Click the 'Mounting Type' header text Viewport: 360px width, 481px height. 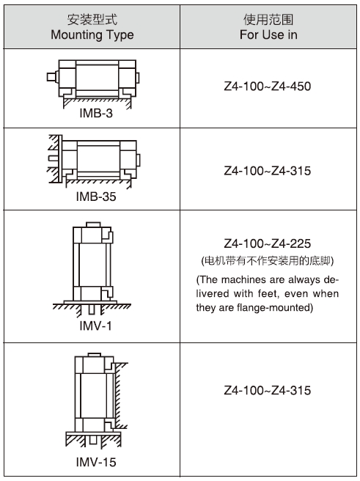[x=92, y=35]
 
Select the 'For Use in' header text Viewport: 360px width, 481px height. [x=268, y=34]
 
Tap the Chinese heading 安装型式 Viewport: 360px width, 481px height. [x=92, y=20]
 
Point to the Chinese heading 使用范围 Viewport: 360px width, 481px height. [x=268, y=20]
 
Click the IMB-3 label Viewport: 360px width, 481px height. [x=96, y=113]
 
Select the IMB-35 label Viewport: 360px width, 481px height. [x=96, y=197]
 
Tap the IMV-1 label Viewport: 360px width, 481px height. [x=95, y=326]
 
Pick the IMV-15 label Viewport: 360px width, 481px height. [x=96, y=462]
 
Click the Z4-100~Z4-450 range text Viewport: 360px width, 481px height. [x=268, y=87]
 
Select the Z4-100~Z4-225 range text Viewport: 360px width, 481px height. [x=268, y=243]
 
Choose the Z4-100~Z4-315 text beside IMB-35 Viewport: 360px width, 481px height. [x=268, y=171]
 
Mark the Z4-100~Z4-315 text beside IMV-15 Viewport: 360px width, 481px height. [x=268, y=390]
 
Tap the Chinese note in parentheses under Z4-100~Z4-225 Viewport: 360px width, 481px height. [x=268, y=261]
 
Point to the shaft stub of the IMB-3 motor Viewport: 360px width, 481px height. [x=53, y=77]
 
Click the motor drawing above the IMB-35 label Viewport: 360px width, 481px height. [x=94, y=161]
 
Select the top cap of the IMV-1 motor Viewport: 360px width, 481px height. [x=93, y=224]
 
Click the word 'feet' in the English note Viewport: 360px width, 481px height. [x=268, y=293]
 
